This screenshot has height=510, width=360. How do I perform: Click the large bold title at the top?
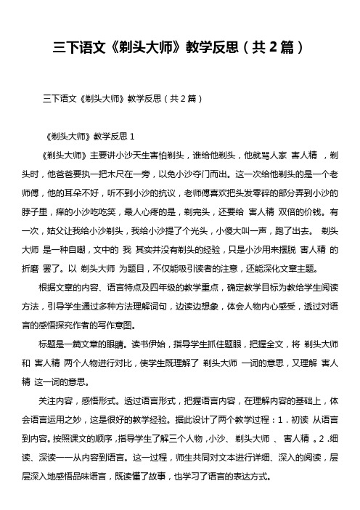pyautogui.click(x=179, y=49)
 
